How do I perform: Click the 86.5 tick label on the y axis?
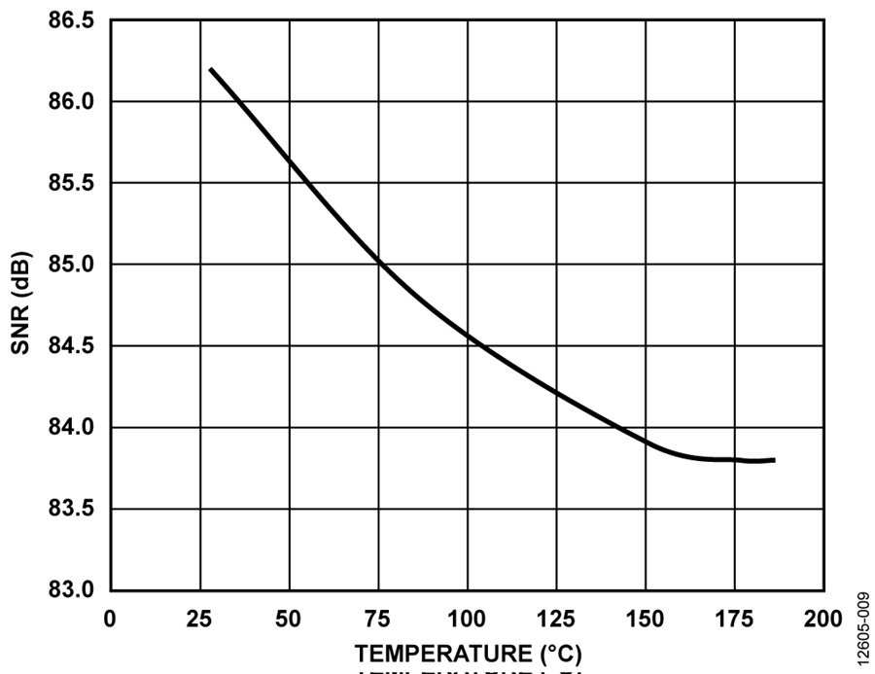pyautogui.click(x=73, y=20)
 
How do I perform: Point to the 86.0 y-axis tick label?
pyautogui.click(x=73, y=102)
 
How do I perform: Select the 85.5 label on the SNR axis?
pyautogui.click(x=73, y=183)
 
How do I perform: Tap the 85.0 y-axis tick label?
pyautogui.click(x=73, y=265)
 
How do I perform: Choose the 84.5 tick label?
pyautogui.click(x=73, y=346)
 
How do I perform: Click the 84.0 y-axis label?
pyautogui.click(x=73, y=428)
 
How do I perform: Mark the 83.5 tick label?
pyautogui.click(x=73, y=509)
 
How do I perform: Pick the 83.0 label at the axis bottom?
pyautogui.click(x=73, y=590)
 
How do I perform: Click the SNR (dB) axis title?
pyautogui.click(x=21, y=304)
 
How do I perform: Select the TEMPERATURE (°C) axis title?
pyautogui.click(x=468, y=652)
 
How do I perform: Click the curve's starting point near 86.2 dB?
pyautogui.click(x=210, y=69)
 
